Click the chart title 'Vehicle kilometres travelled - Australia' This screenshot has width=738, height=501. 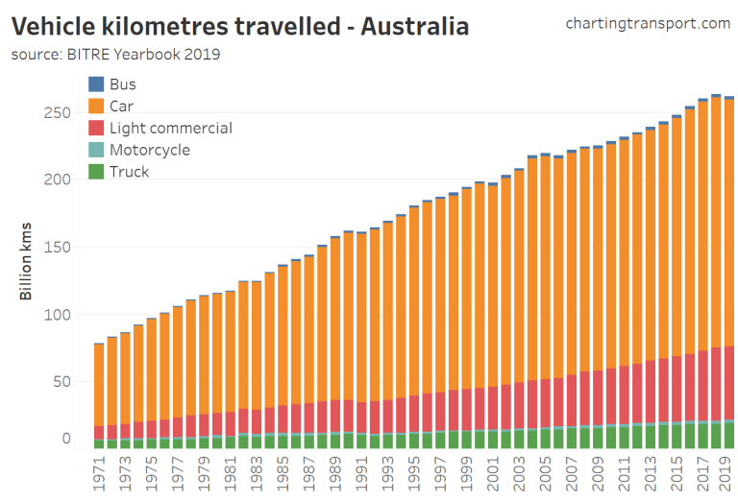tap(240, 26)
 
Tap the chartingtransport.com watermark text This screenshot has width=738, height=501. tap(648, 23)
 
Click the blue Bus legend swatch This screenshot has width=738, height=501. tap(96, 84)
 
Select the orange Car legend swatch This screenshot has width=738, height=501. tap(96, 107)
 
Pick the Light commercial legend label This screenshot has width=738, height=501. tap(170, 129)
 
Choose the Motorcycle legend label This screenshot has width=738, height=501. tap(149, 150)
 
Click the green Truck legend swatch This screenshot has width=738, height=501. tap(96, 172)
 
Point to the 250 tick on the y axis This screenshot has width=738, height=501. tap(59, 113)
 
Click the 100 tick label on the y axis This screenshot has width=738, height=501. tap(59, 315)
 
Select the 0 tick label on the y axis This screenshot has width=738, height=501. tap(66, 439)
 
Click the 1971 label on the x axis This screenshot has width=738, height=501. tap(99, 472)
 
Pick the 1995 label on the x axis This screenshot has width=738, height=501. tap(414, 472)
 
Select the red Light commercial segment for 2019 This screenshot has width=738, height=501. tap(729, 384)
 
